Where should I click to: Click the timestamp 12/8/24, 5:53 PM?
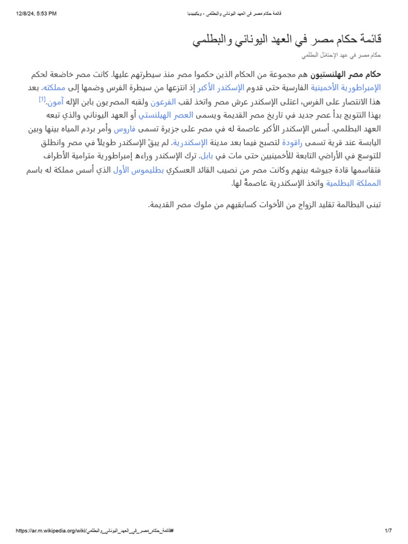tap(36, 14)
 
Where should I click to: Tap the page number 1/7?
tap(388, 531)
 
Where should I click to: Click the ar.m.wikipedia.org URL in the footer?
tap(95, 531)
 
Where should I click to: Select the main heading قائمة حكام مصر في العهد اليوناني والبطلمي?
tap(287, 40)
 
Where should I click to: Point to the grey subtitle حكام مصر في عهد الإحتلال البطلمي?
tap(341, 55)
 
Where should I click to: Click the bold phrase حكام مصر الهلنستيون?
tap(346, 74)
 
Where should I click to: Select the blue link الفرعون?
tap(163, 101)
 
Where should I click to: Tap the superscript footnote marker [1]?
tap(42, 99)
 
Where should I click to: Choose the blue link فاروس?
tap(125, 129)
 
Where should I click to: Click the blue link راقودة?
tap(292, 143)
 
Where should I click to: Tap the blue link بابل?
tap(207, 156)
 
